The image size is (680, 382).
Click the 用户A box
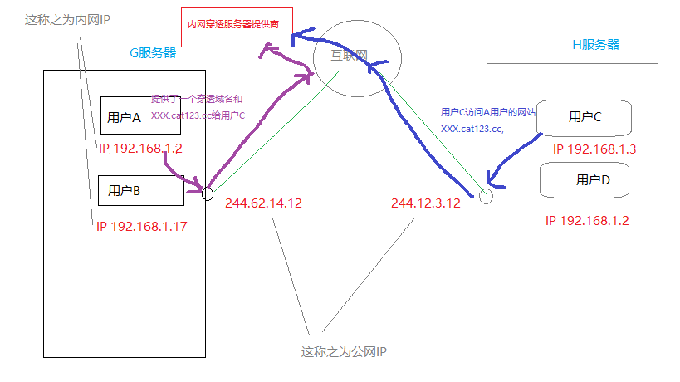pos(139,115)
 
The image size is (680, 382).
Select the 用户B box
pos(140,190)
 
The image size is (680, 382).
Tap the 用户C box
pos(585,117)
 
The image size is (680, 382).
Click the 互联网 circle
pos(358,57)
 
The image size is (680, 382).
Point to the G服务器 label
pos(152,52)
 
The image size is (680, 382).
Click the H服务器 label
pos(596,44)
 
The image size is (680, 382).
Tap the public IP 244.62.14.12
pos(263,203)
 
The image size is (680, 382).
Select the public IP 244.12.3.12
pos(425,203)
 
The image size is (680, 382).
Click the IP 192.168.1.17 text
pos(141,225)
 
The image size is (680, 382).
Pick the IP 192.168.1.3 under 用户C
pos(594,149)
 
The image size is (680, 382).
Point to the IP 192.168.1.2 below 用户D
pos(587,221)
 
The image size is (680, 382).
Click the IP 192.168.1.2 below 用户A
pos(139,149)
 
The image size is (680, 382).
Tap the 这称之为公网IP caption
pos(344,352)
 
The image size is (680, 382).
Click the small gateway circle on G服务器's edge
pos(207,193)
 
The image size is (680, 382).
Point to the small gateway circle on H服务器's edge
pos(487,197)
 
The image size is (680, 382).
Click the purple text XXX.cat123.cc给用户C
pos(198,115)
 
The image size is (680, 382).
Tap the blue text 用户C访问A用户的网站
pos(487,112)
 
